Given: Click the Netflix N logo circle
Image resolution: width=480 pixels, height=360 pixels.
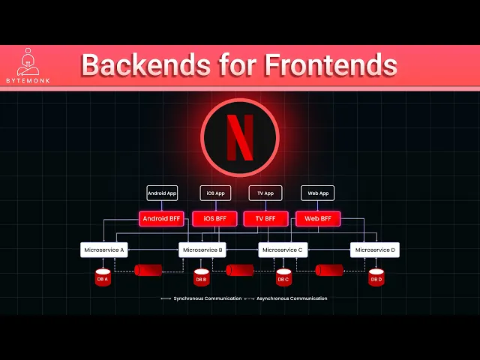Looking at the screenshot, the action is pyautogui.click(x=240, y=137).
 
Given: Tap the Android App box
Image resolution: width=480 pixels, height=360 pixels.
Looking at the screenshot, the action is pyautogui.click(x=162, y=193).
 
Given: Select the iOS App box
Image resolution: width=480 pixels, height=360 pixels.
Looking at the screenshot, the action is pyautogui.click(x=215, y=193).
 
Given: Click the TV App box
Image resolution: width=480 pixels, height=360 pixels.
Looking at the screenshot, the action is pyautogui.click(x=265, y=193).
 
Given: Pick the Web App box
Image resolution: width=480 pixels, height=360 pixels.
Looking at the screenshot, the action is pyautogui.click(x=318, y=193).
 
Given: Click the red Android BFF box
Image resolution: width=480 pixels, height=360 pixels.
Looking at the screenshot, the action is pyautogui.click(x=162, y=219).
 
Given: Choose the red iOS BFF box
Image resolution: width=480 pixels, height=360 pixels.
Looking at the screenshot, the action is pyautogui.click(x=215, y=219).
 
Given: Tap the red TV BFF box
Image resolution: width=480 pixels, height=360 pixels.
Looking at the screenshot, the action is pyautogui.click(x=266, y=219).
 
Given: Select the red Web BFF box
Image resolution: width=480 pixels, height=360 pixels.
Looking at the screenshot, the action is pyautogui.click(x=318, y=219).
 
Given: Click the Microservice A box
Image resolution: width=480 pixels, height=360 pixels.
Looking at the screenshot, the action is pyautogui.click(x=104, y=250).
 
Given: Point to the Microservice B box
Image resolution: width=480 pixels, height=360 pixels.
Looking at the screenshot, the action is pyautogui.click(x=202, y=250).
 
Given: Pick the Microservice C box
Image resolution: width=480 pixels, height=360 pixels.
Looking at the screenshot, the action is pyautogui.click(x=281, y=250).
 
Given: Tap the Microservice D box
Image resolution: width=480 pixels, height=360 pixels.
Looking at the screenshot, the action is pyautogui.click(x=375, y=250).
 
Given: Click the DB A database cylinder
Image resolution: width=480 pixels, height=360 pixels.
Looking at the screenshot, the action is pyautogui.click(x=103, y=277).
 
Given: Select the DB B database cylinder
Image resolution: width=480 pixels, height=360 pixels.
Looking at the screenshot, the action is pyautogui.click(x=201, y=277).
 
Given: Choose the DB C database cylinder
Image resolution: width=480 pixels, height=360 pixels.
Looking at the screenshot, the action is pyautogui.click(x=283, y=277).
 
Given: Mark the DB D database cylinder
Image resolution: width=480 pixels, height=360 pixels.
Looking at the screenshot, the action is pyautogui.click(x=376, y=277).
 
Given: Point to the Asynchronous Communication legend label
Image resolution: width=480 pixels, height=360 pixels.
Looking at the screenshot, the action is pyautogui.click(x=292, y=298).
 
